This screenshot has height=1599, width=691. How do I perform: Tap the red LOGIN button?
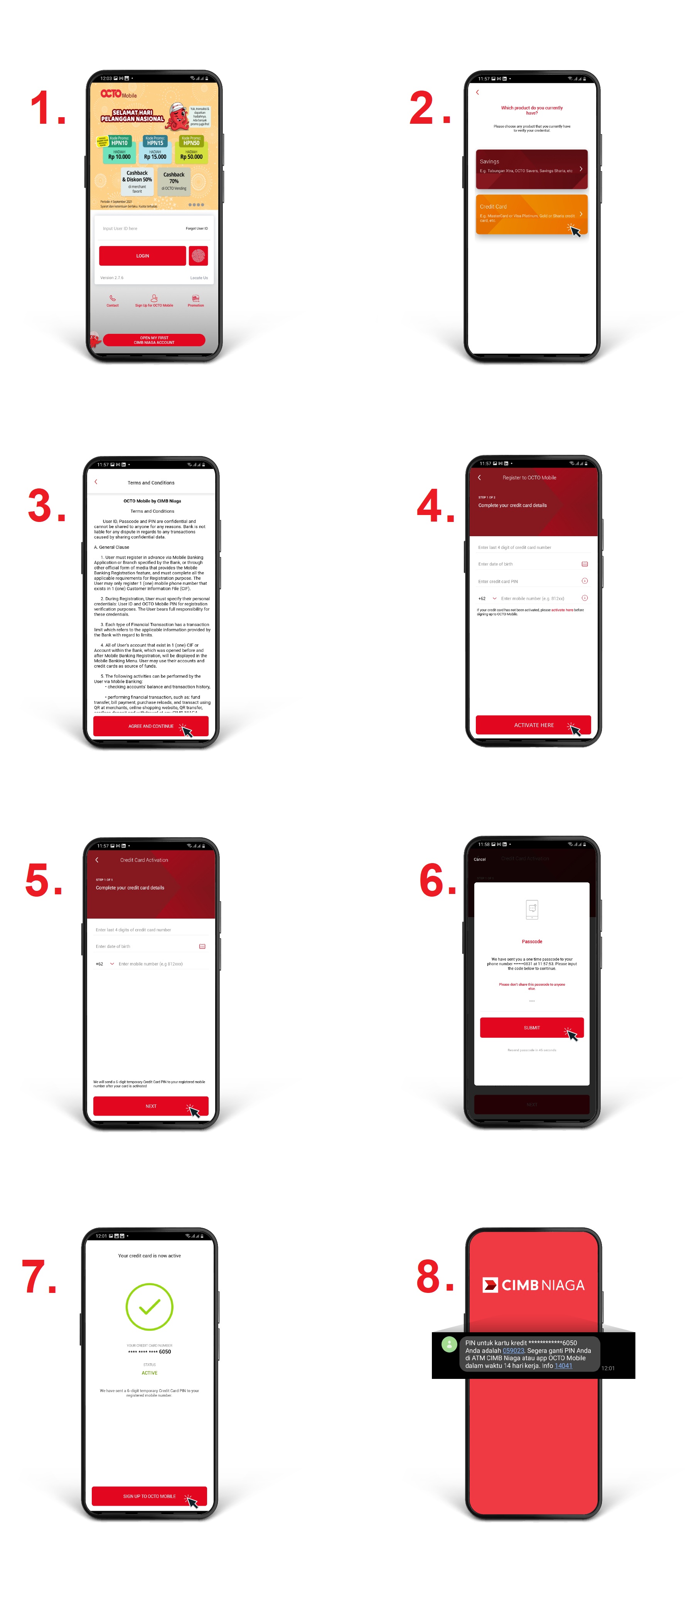pyautogui.click(x=142, y=256)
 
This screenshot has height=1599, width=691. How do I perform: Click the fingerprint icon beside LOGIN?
pyautogui.click(x=198, y=256)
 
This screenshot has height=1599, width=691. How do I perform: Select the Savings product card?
pyautogui.click(x=531, y=168)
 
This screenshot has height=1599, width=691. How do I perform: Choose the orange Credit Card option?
pyautogui.click(x=531, y=214)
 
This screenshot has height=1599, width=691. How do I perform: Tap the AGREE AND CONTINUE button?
pyautogui.click(x=150, y=725)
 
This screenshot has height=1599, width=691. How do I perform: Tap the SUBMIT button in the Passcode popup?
pyautogui.click(x=531, y=1027)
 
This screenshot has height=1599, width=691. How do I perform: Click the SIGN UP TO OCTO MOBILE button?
pyautogui.click(x=149, y=1496)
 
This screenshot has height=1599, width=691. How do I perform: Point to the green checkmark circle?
pyautogui.click(x=149, y=1307)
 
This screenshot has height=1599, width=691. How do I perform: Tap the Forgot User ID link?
pyautogui.click(x=196, y=229)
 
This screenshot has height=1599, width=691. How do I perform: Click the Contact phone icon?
pyautogui.click(x=112, y=299)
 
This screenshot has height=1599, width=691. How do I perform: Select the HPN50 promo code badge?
pyautogui.click(x=191, y=142)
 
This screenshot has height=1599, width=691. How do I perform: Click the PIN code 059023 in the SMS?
pyautogui.click(x=513, y=1351)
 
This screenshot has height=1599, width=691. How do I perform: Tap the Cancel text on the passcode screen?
pyautogui.click(x=479, y=859)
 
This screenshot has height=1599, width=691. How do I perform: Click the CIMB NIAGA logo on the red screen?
pyautogui.click(x=533, y=1285)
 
